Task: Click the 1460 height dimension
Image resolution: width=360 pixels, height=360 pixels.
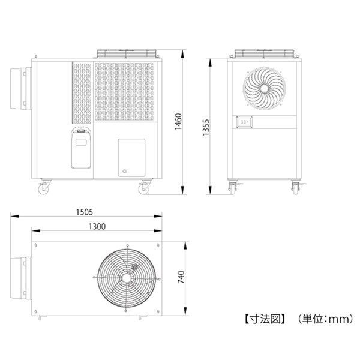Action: [x=178, y=122]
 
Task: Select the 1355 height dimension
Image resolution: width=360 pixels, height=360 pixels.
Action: [x=206, y=127]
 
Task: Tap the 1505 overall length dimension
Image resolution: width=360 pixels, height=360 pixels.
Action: [x=85, y=212]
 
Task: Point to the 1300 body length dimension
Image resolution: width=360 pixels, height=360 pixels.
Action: [x=97, y=227]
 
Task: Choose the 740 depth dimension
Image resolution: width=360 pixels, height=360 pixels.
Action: [x=181, y=277]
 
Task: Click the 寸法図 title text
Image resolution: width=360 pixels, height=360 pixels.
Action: [x=265, y=319]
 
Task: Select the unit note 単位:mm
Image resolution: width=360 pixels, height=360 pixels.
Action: [x=326, y=319]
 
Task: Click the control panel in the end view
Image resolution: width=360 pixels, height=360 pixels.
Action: [x=244, y=122]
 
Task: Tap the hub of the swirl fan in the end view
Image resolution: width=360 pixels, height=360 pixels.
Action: [x=264, y=88]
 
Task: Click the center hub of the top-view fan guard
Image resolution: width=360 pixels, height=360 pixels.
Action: [x=126, y=278]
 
